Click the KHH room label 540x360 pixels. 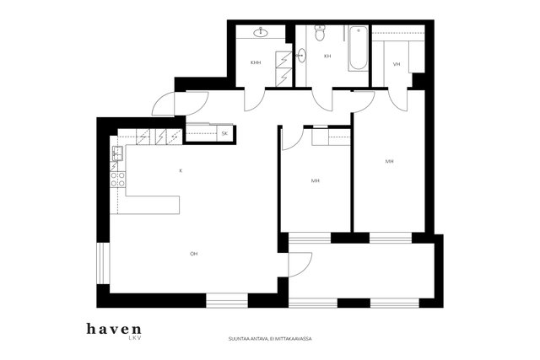pos(256,62)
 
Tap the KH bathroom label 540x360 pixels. pos(327,56)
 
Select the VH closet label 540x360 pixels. pos(397,64)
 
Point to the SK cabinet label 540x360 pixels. pos(224,133)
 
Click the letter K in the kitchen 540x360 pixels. pos(181,170)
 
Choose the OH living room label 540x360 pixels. pos(193,254)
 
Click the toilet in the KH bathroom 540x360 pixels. pos(321,33)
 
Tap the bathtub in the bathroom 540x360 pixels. pos(358,49)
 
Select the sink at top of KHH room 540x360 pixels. pos(262,33)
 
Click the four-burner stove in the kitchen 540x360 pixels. pos(117,180)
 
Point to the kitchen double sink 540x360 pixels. pos(117,153)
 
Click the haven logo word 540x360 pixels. pos(114,329)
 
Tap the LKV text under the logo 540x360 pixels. pos(135,338)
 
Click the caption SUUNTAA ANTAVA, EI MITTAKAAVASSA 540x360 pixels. pos(270,339)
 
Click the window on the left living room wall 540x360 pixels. pos(103,264)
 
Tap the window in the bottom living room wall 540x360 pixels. pos(227,300)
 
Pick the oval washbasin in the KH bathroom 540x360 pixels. pos(301,55)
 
